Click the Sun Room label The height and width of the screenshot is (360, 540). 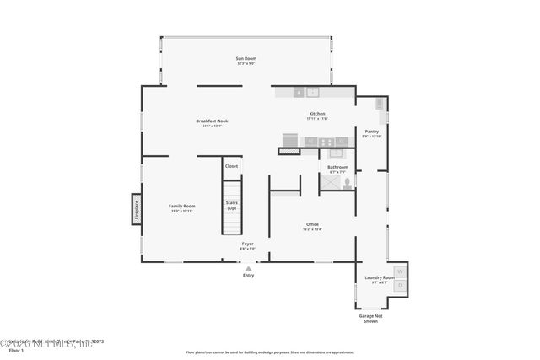(x=246, y=59)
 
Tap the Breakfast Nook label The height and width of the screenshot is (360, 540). (x=212, y=122)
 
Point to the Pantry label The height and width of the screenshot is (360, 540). (x=371, y=132)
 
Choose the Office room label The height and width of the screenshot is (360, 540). (x=312, y=225)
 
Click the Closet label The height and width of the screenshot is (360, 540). (x=231, y=166)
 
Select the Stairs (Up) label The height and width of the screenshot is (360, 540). (x=231, y=205)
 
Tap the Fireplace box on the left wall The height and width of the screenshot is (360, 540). (x=136, y=209)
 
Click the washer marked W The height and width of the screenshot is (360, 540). (x=401, y=272)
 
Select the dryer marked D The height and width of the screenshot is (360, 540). (x=401, y=286)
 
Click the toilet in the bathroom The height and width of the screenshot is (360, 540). (x=348, y=181)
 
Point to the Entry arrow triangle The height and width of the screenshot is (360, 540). (x=248, y=267)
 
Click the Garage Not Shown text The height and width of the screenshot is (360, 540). (x=370, y=319)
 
